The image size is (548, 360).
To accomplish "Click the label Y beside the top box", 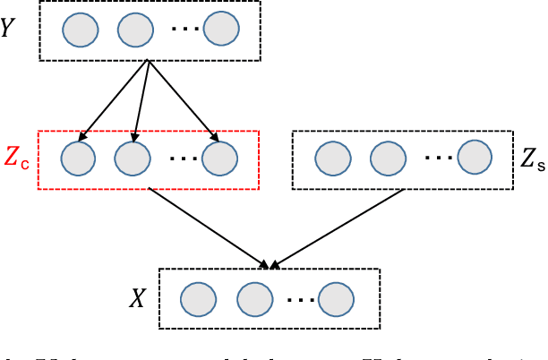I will pos(10,29).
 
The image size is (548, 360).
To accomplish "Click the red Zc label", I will pos(17,159).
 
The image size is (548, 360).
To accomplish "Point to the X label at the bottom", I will pos(137,299).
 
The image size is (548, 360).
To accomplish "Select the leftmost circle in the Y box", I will pos(79,31).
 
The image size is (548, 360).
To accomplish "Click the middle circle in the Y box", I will pos(134,31).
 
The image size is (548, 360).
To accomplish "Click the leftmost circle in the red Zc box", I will pos(78,160).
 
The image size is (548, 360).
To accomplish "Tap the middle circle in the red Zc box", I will pos(133,160).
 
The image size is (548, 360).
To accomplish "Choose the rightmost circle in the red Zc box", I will pos(218,160).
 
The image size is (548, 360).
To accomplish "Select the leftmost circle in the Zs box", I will pos(332,160).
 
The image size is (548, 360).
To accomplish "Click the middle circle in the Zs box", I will pos(387,160).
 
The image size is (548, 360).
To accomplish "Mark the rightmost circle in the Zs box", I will pos(474,159).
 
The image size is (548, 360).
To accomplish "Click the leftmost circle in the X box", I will pos(198,297).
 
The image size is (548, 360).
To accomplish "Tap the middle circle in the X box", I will pos(253,297).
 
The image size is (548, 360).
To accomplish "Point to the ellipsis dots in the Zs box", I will pos(439,159).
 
